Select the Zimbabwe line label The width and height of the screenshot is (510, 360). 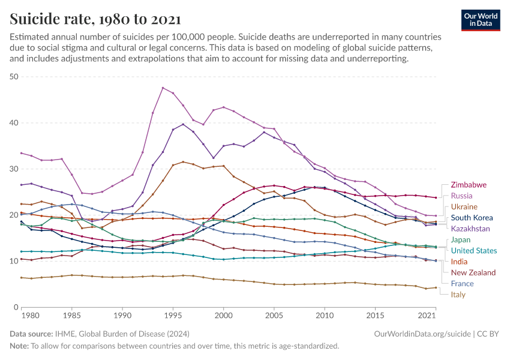(469, 185)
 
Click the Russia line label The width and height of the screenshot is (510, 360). (463, 196)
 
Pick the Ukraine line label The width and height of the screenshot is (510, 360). (464, 206)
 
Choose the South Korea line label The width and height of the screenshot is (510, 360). (472, 218)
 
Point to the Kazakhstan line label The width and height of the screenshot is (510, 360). (470, 229)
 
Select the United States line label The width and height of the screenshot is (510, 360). (474, 251)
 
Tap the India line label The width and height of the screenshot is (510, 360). (460, 262)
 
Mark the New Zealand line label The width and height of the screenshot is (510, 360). (473, 272)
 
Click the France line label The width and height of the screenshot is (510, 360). (463, 284)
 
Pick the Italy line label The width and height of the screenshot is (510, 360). (458, 295)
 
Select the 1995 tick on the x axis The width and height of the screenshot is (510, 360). (173, 316)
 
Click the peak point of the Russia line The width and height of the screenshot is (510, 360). (163, 88)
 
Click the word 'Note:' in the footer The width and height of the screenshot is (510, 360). (19, 346)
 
